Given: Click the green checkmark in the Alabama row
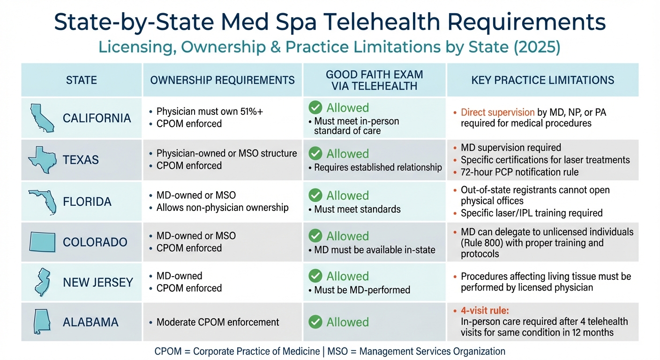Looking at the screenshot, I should click(x=316, y=322).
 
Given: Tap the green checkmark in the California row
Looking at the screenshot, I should click(x=316, y=108).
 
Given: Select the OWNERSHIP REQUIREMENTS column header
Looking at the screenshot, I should click(x=222, y=80).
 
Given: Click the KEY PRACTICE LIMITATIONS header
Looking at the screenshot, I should click(x=542, y=80).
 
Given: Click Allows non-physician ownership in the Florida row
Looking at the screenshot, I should click(x=222, y=207).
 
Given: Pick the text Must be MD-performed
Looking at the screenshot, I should click(x=362, y=290).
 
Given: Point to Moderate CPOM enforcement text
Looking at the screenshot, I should click(x=217, y=322).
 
